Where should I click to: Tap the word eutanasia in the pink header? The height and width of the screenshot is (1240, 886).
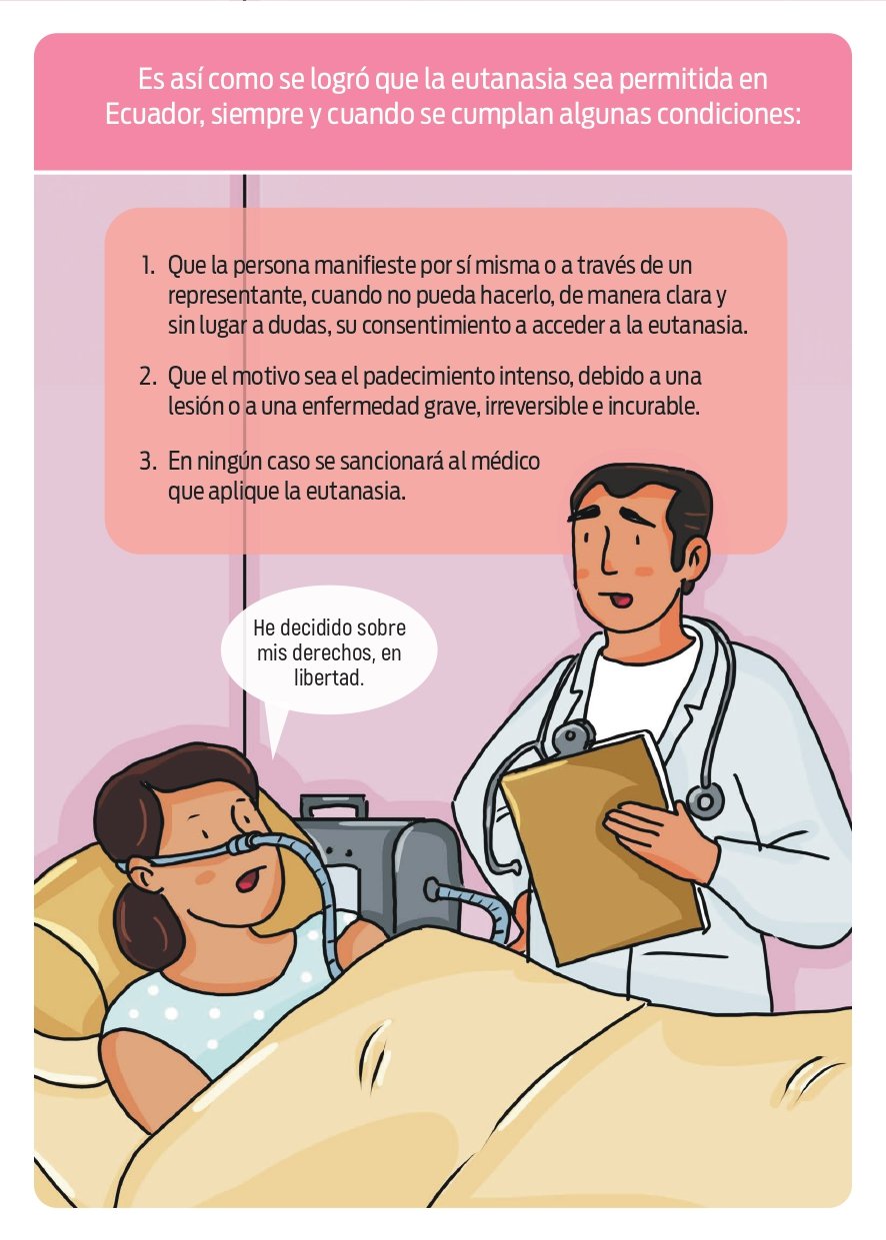pos(509,79)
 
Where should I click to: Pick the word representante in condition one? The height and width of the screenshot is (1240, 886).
pos(236,296)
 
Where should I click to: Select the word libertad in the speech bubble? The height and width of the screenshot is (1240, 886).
pos(329,677)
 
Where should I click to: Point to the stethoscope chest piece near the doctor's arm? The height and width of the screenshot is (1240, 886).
pos(705,801)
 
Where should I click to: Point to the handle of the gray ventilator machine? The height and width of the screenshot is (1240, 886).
pos(334,807)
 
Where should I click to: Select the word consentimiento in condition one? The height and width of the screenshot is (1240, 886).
pos(436,325)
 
